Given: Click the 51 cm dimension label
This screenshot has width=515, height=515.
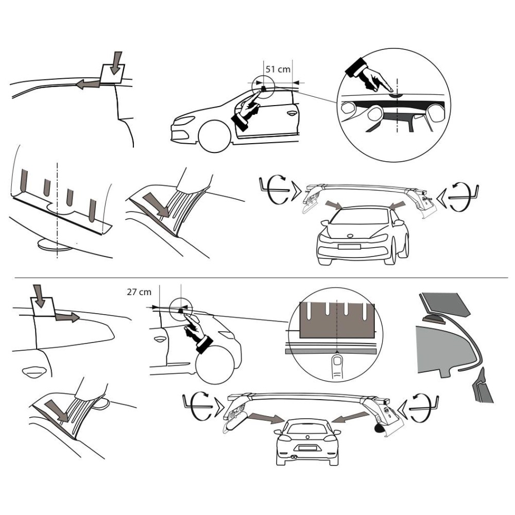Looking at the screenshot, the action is [278, 70].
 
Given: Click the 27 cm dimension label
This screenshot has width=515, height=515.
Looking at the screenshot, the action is [139, 291].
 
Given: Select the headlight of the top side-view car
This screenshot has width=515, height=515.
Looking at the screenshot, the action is [184, 121].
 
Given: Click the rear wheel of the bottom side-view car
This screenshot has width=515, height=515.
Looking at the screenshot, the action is [215, 364].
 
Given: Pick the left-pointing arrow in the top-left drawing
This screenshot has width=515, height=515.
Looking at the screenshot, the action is [88, 84].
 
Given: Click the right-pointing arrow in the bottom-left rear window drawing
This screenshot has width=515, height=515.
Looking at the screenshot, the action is [67, 317].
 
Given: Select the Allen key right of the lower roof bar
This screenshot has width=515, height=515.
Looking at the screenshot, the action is [424, 408].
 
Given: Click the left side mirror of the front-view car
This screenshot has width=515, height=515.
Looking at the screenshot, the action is [324, 224].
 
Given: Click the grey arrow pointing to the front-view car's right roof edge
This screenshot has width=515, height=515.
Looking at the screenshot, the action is [396, 205].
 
